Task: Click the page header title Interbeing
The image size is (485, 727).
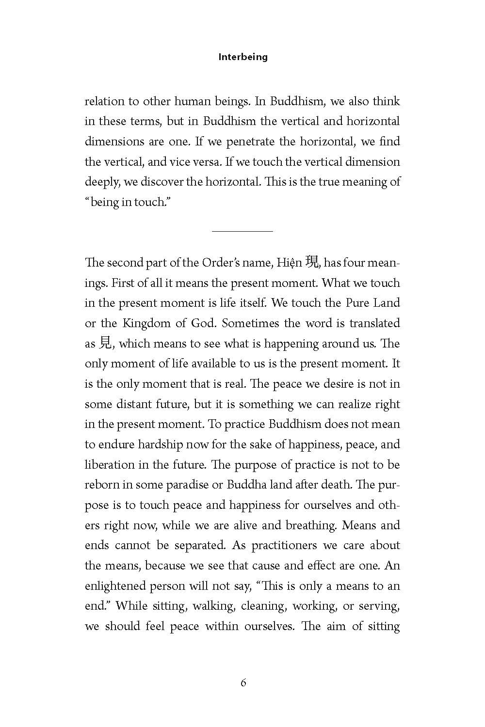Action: point(243,57)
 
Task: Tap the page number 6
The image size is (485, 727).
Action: point(243,683)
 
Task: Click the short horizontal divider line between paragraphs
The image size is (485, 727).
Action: point(242,231)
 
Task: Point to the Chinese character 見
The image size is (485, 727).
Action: point(105,344)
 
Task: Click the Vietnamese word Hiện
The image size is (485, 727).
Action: point(290,263)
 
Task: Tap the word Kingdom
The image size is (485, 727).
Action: point(147,323)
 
